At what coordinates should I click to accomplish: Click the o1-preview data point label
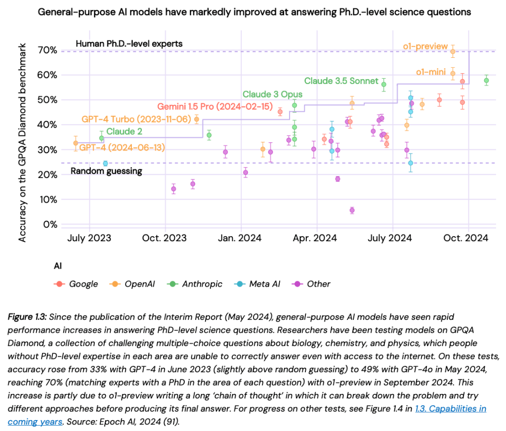(425, 47)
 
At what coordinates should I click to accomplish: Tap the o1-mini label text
(431, 72)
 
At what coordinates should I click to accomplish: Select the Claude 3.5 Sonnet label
(341, 81)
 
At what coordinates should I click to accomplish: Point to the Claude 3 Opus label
(272, 94)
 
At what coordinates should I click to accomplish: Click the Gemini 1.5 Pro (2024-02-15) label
(215, 106)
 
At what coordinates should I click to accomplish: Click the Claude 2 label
(122, 131)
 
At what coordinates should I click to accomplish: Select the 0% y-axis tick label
(51, 224)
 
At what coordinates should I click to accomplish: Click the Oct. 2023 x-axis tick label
(166, 238)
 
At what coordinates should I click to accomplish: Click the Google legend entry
(77, 284)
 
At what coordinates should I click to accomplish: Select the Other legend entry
(313, 284)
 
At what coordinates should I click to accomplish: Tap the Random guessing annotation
(106, 171)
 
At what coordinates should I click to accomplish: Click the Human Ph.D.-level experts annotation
(129, 43)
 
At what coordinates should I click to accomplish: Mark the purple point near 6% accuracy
(352, 210)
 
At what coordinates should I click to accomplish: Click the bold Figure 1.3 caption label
(28, 316)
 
